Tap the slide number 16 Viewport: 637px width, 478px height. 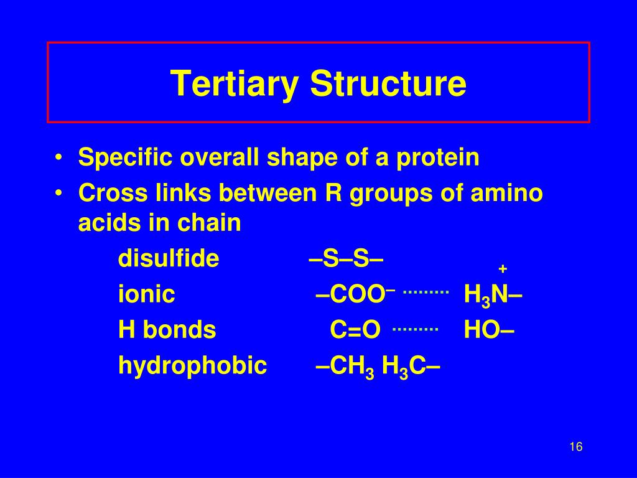575,447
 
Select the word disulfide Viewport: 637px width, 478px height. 169,258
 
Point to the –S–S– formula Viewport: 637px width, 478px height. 346,258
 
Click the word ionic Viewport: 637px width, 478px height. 146,294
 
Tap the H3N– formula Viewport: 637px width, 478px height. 493,295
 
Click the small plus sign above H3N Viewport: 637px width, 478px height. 503,269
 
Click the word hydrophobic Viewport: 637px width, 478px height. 193,366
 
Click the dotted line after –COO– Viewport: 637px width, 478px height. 426,291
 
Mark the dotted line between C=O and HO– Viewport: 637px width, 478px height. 416,327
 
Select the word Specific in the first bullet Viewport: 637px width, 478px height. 126,158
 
